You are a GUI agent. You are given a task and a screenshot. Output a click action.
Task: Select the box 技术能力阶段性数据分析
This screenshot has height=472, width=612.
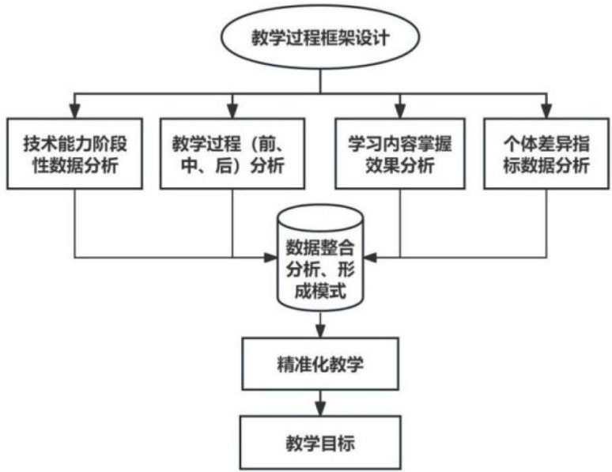75,153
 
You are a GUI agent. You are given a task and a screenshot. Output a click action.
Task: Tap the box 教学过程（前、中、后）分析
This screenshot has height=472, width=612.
232,153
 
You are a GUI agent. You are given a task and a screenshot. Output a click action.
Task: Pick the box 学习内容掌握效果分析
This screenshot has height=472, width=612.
401,153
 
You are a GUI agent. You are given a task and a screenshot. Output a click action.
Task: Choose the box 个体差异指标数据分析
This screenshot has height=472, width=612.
546,153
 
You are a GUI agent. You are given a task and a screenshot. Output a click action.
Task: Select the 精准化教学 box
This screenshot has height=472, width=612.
319,365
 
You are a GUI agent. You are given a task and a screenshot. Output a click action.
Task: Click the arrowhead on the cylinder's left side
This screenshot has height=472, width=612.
271,257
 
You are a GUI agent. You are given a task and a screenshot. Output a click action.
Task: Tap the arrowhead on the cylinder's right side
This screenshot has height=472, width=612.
368,257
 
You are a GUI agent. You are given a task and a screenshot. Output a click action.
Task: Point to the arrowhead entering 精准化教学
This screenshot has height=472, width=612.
319,333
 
